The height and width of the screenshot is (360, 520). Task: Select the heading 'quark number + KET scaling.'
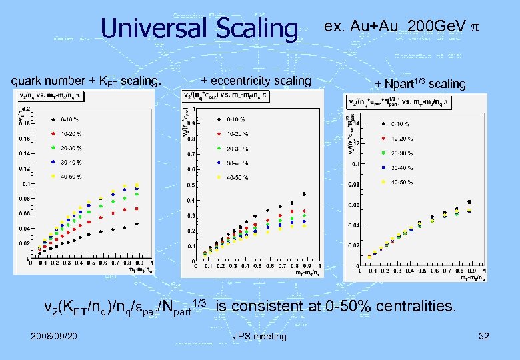pos(87,81)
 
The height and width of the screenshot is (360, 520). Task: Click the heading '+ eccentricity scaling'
pos(256,81)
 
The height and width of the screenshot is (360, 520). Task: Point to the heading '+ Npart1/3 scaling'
pos(420,83)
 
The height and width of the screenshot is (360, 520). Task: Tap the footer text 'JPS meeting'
pos(260,336)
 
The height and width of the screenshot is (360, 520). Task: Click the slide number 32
pos(483,336)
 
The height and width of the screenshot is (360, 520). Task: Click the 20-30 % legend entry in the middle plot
pos(237,148)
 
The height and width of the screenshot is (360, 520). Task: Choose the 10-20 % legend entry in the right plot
pos(400,138)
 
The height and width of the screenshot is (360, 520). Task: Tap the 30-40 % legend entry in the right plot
pos(400,167)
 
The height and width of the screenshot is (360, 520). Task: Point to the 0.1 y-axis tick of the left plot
pos(25,183)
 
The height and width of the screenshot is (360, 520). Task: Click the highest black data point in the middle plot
pos(304,195)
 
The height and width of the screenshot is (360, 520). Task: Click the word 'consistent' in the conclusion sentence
pos(267,307)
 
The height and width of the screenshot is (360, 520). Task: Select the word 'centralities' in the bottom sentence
pos(415,307)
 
